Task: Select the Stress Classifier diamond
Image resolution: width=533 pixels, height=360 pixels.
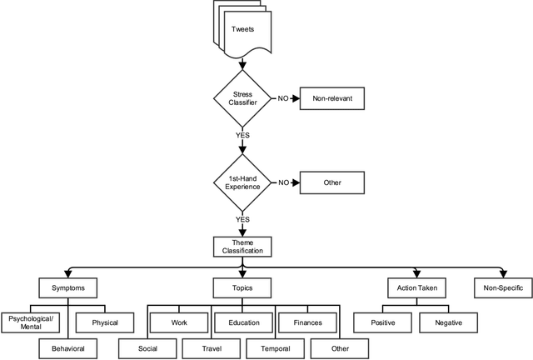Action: [242, 98]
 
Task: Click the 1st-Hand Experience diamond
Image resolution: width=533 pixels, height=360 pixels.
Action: [242, 182]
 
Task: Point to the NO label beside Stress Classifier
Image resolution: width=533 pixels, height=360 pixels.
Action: [284, 98]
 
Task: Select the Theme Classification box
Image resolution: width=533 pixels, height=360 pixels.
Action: [242, 246]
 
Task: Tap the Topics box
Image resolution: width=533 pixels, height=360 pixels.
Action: [242, 288]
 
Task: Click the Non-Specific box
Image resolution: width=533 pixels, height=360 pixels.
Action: [502, 288]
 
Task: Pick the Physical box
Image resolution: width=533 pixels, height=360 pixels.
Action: [105, 322]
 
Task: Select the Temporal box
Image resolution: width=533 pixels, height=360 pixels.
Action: [275, 347]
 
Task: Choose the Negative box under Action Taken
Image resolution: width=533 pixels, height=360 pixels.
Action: [446, 322]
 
